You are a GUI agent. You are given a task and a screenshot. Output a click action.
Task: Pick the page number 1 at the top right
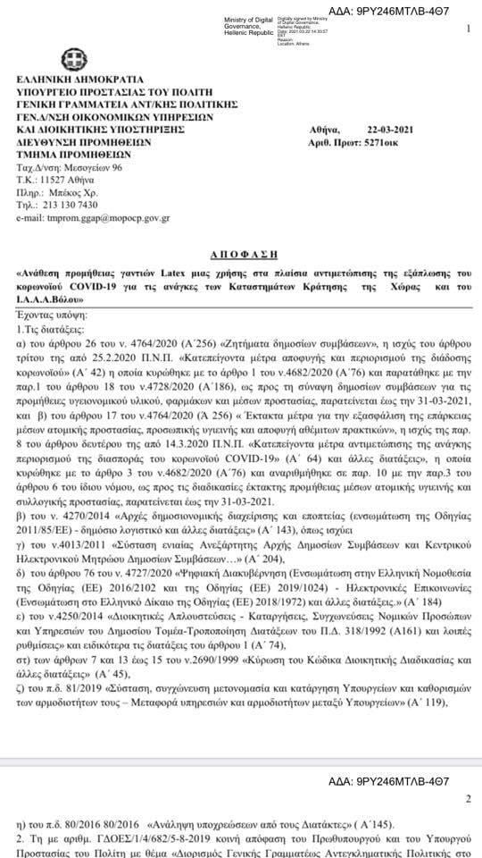tap(468, 30)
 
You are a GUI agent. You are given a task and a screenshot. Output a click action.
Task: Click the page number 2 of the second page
tap(468, 799)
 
